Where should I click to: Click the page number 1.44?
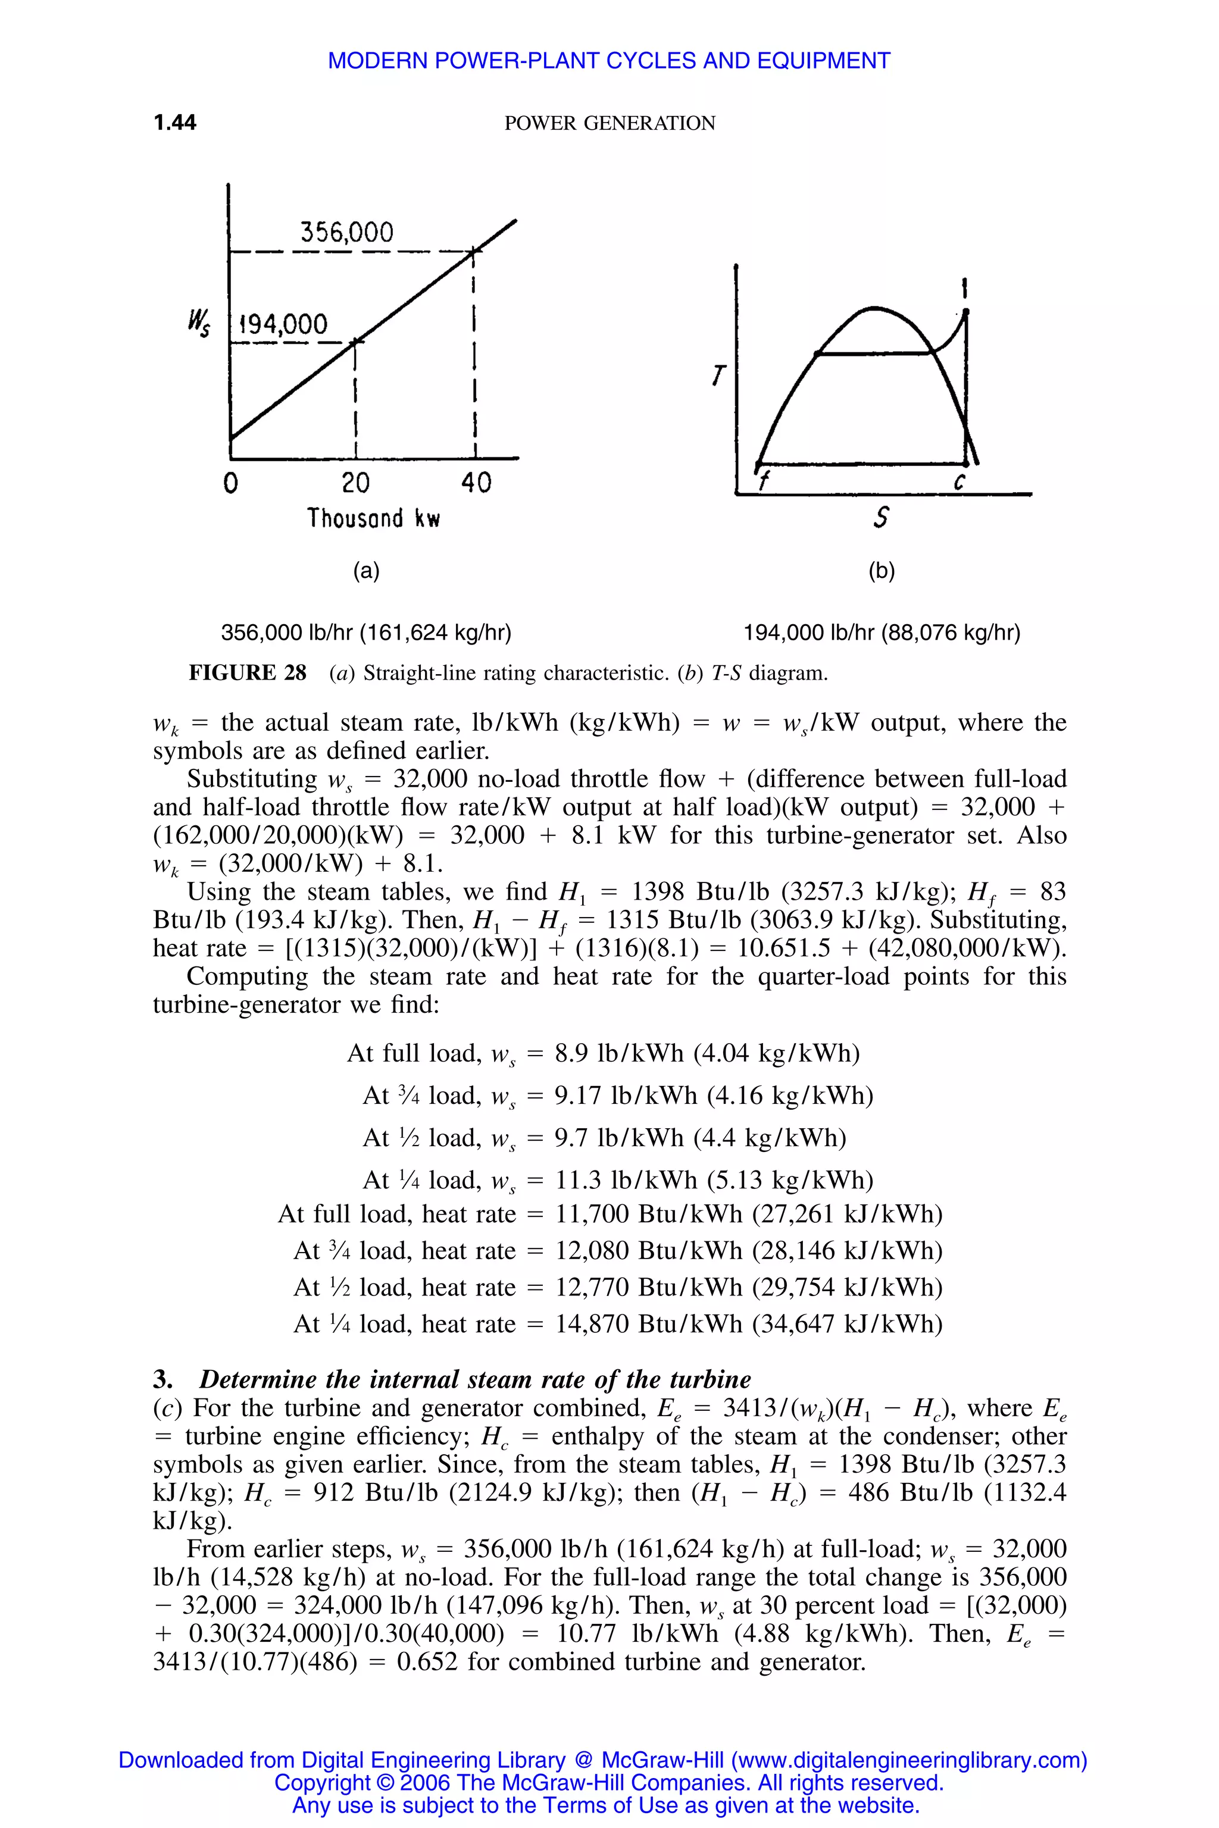click(175, 123)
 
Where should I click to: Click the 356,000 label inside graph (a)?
click(347, 231)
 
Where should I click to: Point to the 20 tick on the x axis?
click(355, 483)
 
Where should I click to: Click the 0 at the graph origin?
click(231, 483)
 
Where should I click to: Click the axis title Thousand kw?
click(373, 518)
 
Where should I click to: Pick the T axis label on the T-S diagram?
click(718, 377)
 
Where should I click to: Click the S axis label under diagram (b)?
click(881, 518)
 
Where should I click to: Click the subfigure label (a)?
click(366, 571)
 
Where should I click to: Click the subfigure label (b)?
click(882, 571)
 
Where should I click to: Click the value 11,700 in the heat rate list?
click(592, 1214)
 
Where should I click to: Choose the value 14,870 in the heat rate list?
click(592, 1323)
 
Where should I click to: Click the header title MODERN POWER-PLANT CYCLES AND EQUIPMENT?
click(609, 61)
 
